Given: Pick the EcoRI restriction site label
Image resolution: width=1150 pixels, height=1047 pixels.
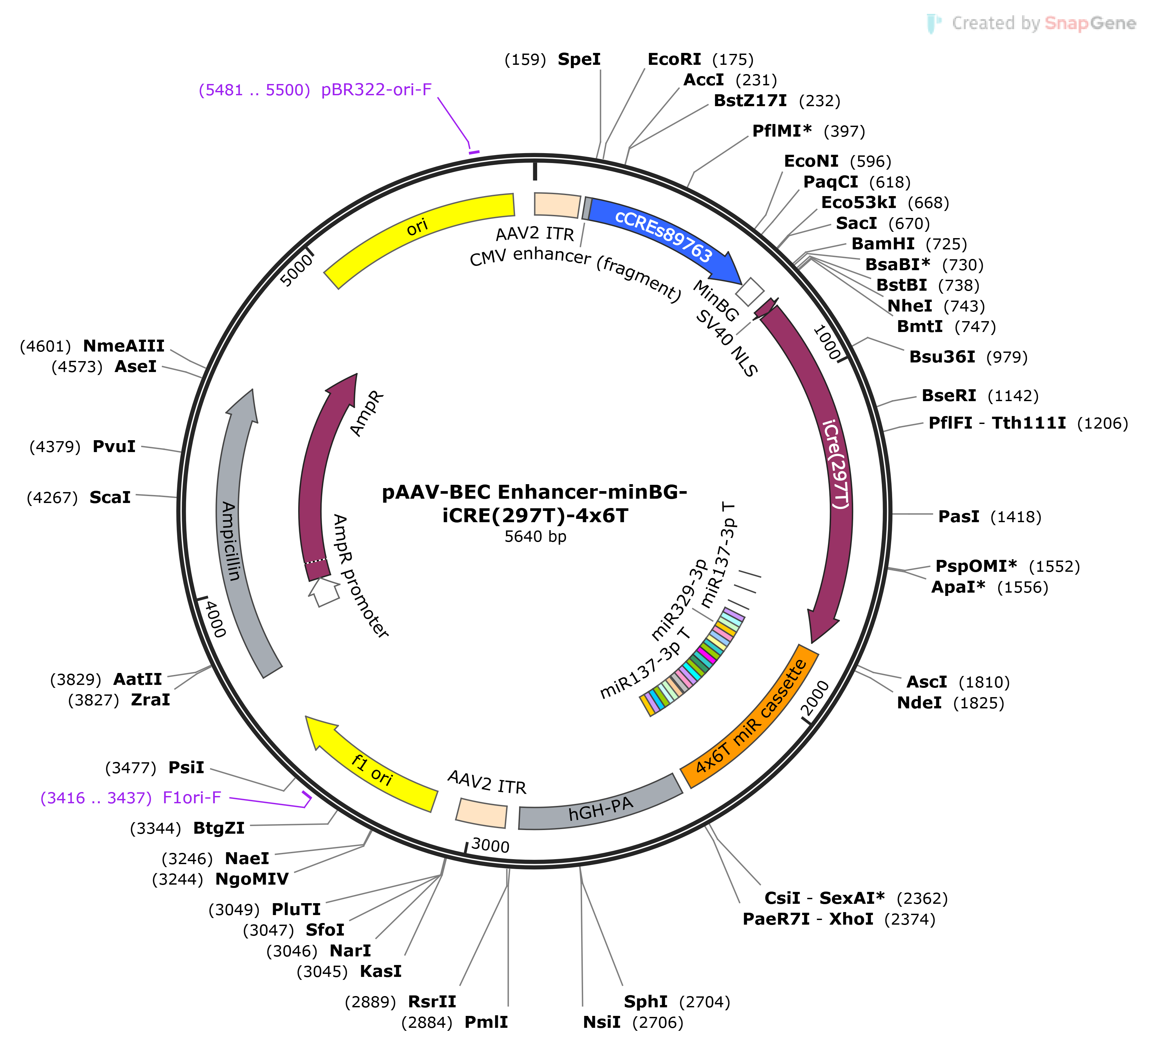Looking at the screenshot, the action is pyautogui.click(x=674, y=59).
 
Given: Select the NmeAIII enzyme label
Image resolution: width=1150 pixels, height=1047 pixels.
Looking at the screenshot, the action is pyautogui.click(x=124, y=346).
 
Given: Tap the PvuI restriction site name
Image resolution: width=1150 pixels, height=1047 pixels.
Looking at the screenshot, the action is pyautogui.click(x=114, y=446).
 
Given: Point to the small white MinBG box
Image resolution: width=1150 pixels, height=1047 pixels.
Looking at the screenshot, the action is pyautogui.click(x=750, y=292).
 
